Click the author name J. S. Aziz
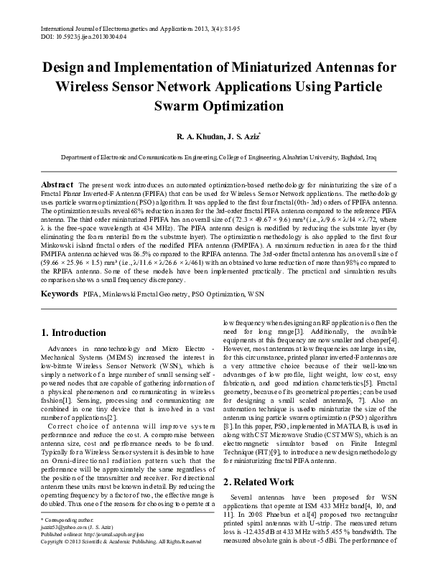[239, 135]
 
